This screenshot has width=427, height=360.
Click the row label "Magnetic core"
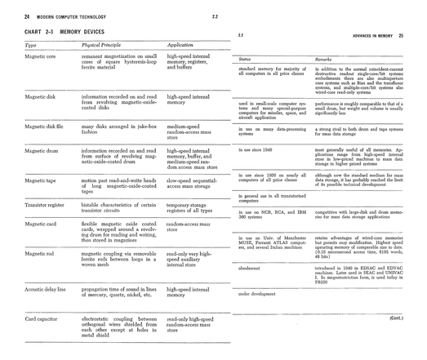(x=40, y=57)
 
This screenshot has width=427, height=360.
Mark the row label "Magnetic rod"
(x=39, y=253)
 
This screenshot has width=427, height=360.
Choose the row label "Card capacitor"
(x=42, y=318)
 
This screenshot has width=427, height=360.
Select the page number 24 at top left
(x=27, y=16)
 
